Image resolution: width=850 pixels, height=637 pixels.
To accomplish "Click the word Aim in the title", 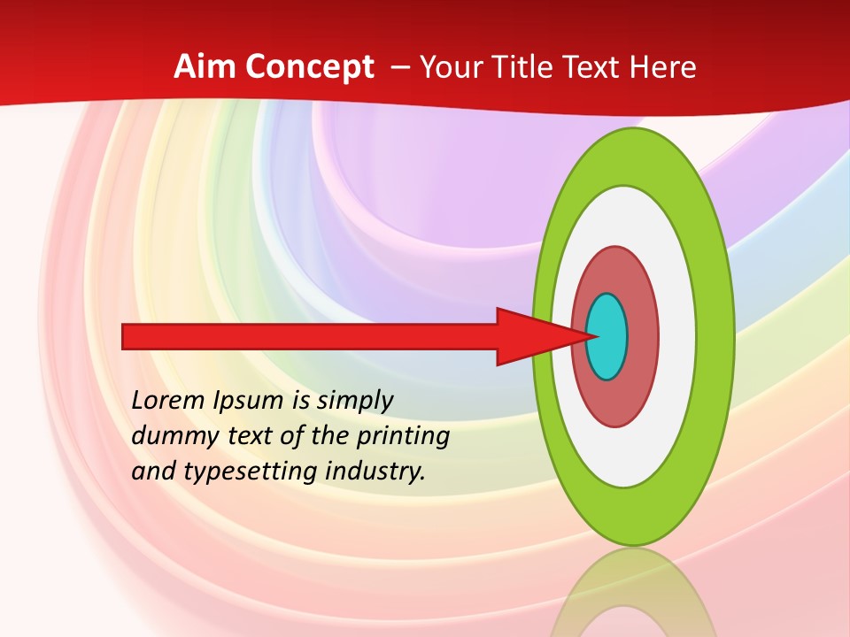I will (x=204, y=67).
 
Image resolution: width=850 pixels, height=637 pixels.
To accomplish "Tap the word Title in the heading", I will (x=533, y=67).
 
